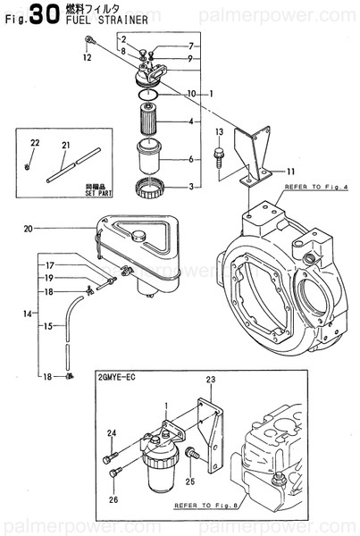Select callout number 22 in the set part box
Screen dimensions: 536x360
[36, 144]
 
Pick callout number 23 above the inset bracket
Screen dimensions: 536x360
[211, 380]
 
